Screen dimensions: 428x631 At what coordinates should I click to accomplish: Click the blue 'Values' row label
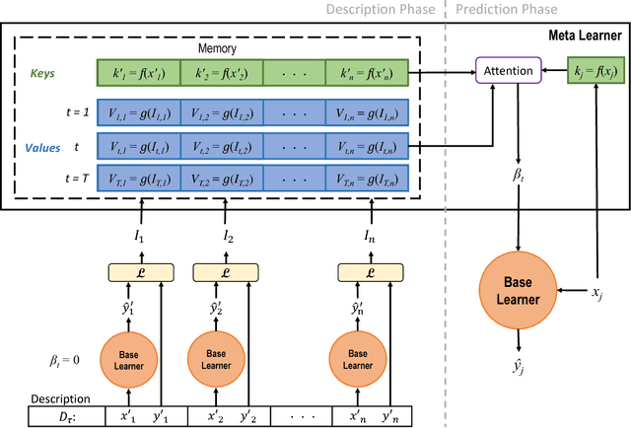coord(42,149)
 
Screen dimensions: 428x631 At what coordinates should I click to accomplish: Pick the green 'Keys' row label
coord(41,73)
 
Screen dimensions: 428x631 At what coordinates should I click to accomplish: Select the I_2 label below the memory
coord(229,238)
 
